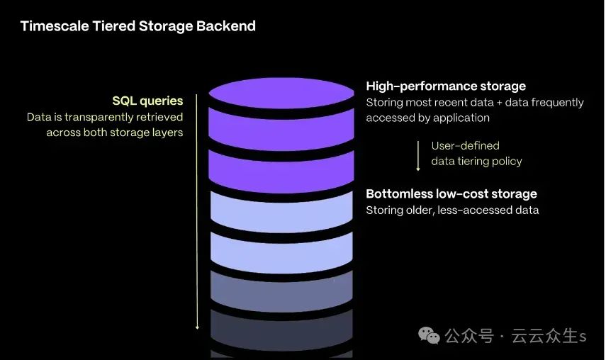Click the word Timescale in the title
point(55,26)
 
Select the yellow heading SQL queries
point(147,101)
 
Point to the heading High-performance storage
point(446,86)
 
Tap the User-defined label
point(466,145)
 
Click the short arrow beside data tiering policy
point(417,156)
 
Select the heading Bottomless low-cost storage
point(451,194)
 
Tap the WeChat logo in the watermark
point(429,335)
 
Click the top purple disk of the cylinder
point(281,93)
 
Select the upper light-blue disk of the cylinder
point(281,213)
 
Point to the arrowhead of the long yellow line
point(197,327)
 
